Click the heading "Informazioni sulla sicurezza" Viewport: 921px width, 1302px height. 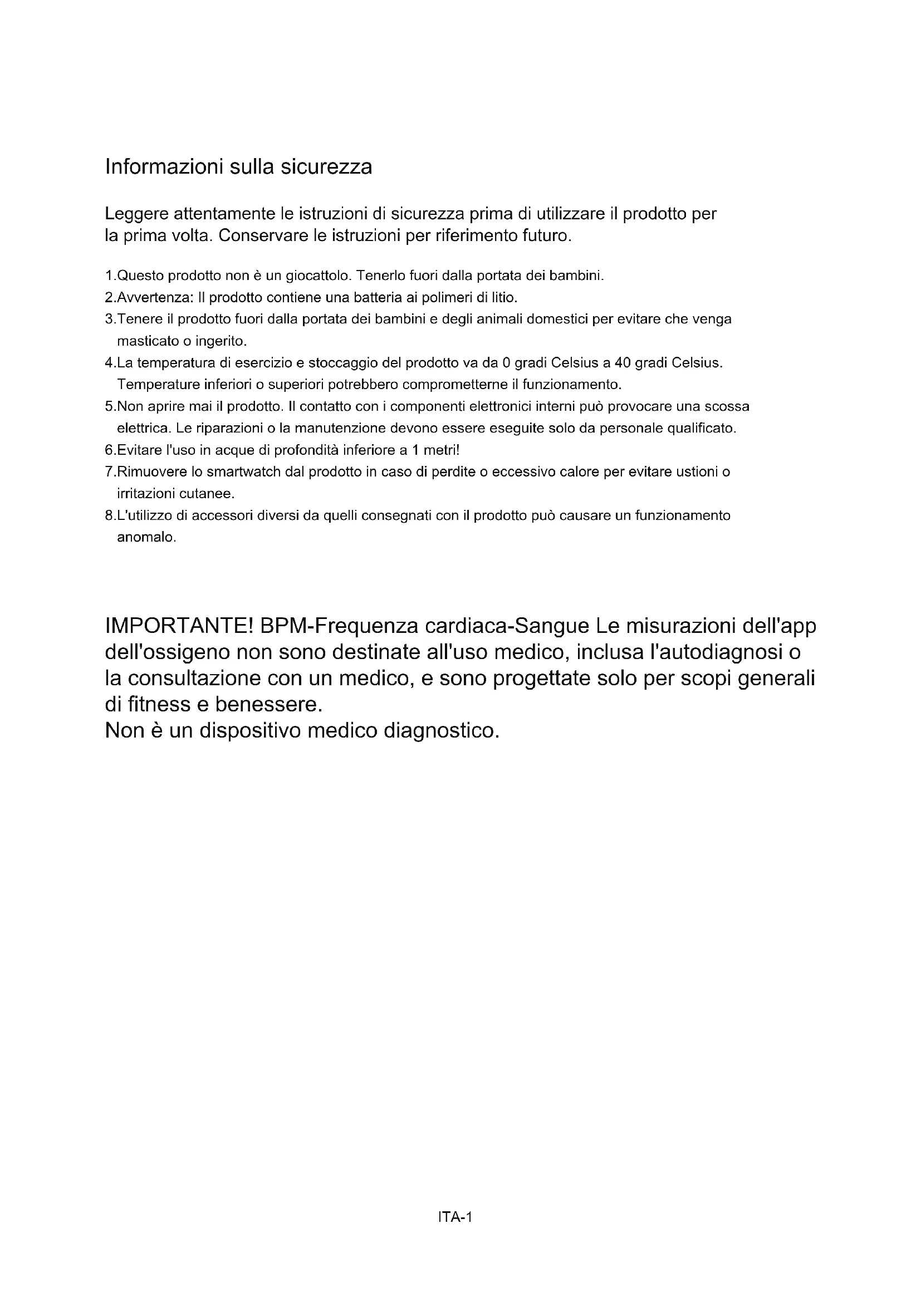pyautogui.click(x=239, y=167)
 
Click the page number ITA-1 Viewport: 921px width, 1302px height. pyautogui.click(x=455, y=1217)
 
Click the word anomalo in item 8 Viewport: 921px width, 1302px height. pyautogui.click(x=146, y=537)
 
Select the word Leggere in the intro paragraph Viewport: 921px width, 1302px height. pyautogui.click(x=136, y=214)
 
